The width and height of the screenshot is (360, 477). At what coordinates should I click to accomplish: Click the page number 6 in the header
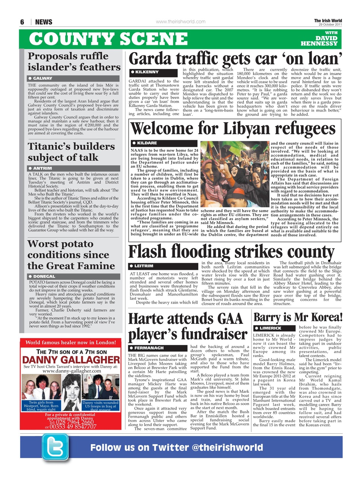point(22,22)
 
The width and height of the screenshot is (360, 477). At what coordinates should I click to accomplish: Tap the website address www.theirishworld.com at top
point(180,22)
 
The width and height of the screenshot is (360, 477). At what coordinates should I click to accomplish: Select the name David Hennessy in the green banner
point(321,41)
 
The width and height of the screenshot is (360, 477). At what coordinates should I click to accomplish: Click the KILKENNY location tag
point(147,72)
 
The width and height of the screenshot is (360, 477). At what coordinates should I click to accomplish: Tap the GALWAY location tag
point(43,78)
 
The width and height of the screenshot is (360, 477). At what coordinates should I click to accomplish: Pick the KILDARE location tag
point(147,143)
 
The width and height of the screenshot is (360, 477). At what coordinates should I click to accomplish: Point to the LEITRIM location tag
point(145,266)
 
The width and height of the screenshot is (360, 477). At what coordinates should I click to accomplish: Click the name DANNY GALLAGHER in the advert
point(71,360)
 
